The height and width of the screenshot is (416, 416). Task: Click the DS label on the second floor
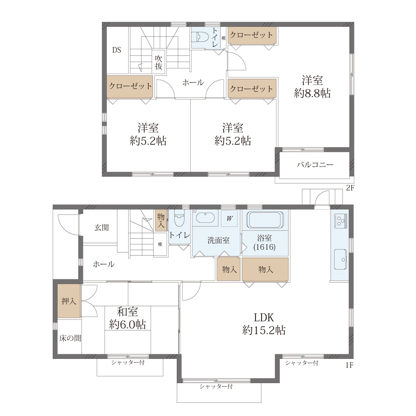tap(116, 50)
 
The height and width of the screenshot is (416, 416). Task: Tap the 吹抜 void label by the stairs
tap(158, 62)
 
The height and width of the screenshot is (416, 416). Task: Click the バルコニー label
tap(315, 165)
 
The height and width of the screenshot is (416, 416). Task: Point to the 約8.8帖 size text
tap(312, 94)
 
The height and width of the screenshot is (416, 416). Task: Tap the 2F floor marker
tap(350, 188)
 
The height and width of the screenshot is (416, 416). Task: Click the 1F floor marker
tap(349, 365)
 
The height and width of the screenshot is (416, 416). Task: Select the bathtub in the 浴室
tap(265, 220)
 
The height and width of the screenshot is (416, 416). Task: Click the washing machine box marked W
tap(229, 218)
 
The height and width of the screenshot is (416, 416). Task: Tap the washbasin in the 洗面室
tap(205, 218)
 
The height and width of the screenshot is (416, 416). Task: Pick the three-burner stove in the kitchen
tap(340, 221)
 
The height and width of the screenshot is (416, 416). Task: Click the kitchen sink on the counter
tap(340, 259)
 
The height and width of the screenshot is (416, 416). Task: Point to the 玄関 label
tap(102, 227)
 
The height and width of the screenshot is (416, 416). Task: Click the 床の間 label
tap(70, 338)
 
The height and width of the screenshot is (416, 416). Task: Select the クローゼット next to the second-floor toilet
tap(252, 35)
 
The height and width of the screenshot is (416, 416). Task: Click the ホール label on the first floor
tap(104, 264)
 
